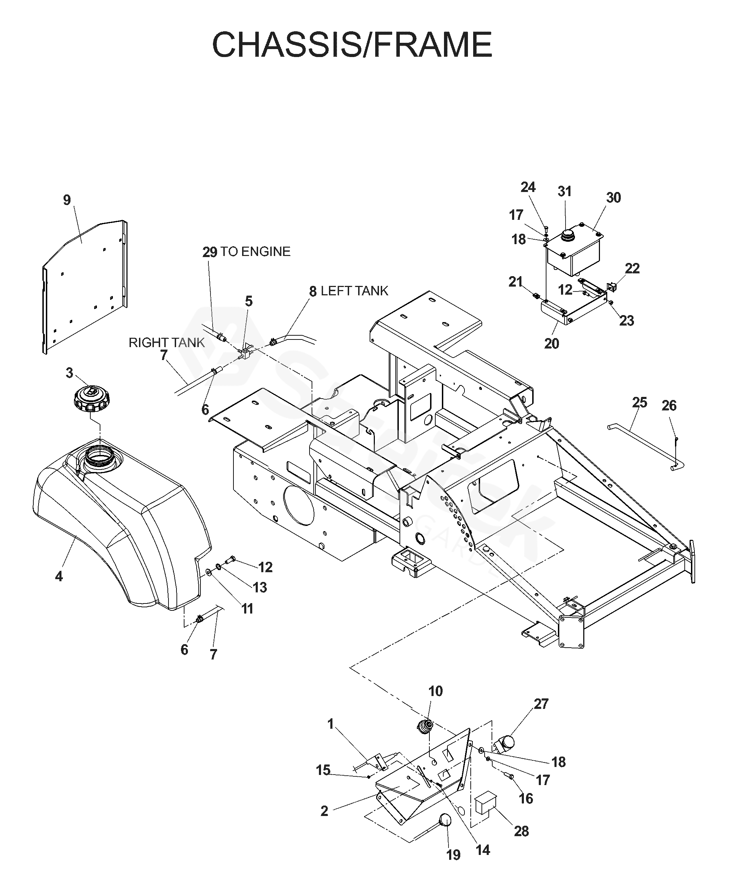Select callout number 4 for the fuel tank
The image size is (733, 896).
pyautogui.click(x=59, y=576)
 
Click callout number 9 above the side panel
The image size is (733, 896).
pyautogui.click(x=67, y=200)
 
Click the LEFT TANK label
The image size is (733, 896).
pyautogui.click(x=355, y=291)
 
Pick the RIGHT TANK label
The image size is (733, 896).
pyautogui.click(x=166, y=342)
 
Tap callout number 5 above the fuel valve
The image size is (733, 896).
pyautogui.click(x=249, y=301)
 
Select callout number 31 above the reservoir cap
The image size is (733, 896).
pyautogui.click(x=565, y=191)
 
